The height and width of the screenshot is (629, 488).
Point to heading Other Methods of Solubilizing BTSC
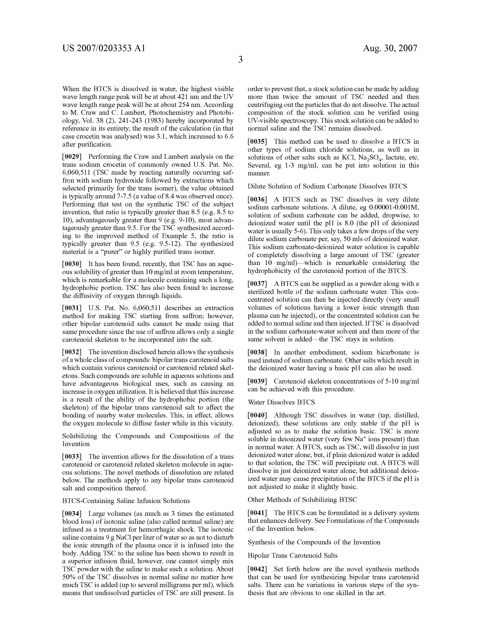[302, 500]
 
